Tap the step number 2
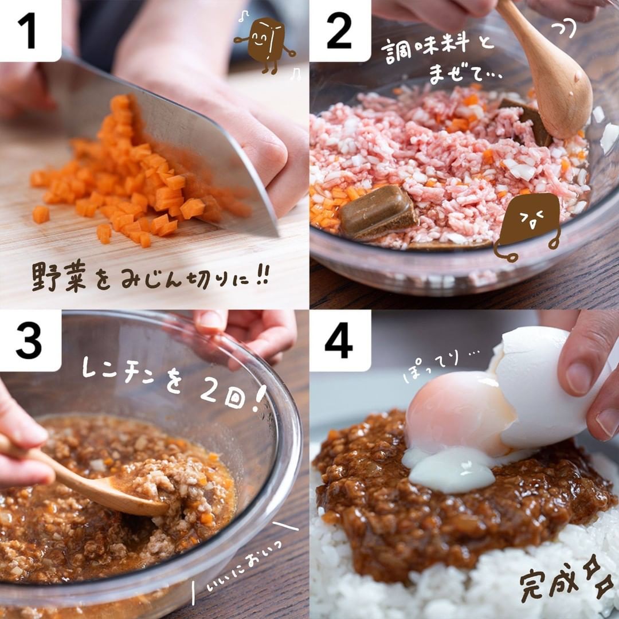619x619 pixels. pyautogui.click(x=339, y=30)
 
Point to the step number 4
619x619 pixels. pyautogui.click(x=339, y=340)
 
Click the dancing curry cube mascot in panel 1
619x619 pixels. pyautogui.click(x=265, y=44)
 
